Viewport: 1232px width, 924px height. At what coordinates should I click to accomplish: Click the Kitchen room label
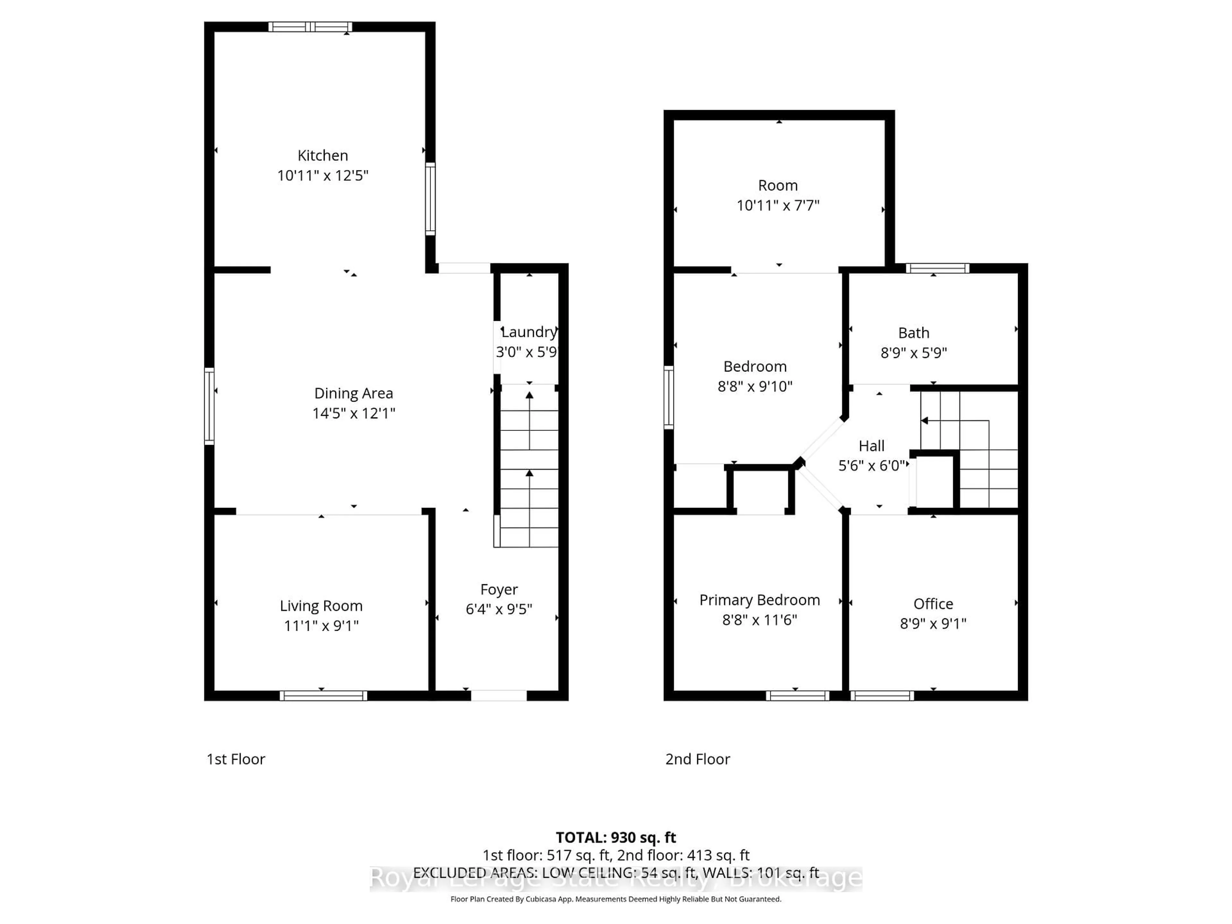click(322, 155)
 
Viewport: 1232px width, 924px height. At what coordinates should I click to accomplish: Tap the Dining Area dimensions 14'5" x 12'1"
click(354, 413)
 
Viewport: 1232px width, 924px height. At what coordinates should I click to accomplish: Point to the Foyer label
click(499, 589)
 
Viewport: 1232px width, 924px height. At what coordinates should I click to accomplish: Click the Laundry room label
click(528, 332)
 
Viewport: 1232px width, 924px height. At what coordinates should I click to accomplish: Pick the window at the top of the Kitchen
click(310, 27)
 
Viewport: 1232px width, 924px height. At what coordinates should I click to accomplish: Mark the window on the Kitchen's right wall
click(430, 199)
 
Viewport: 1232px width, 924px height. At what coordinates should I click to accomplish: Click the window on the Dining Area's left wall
click(210, 406)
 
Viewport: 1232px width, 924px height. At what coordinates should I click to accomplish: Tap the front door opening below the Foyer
click(499, 695)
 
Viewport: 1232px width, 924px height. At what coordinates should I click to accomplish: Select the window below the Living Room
click(323, 696)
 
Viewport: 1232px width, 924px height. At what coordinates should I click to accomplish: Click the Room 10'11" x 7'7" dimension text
click(778, 206)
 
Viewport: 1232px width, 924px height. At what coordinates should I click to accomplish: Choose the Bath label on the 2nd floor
click(913, 333)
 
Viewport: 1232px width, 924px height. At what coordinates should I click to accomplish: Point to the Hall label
click(871, 446)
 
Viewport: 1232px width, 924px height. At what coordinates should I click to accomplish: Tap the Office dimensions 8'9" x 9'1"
click(933, 623)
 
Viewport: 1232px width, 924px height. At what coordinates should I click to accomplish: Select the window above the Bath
click(937, 269)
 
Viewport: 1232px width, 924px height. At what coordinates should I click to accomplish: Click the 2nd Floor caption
click(697, 759)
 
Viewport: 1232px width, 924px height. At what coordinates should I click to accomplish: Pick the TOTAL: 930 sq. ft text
click(615, 838)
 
